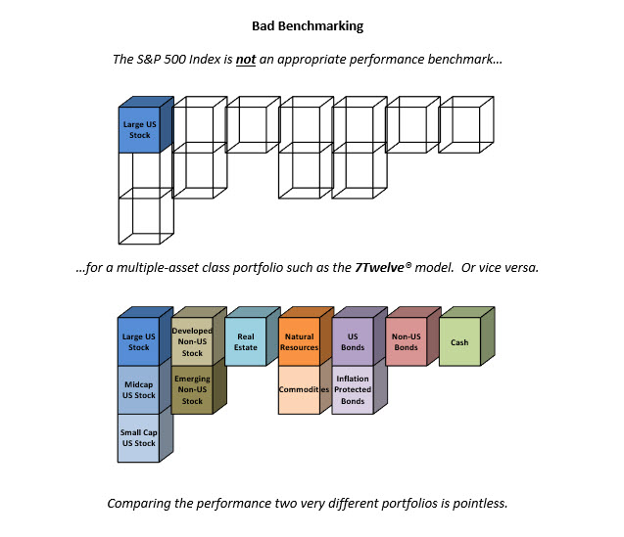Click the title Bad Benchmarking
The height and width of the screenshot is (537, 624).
(x=308, y=26)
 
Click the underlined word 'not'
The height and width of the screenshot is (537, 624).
(x=246, y=60)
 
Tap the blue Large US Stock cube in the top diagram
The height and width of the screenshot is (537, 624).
(x=146, y=124)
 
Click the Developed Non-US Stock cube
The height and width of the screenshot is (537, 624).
(x=199, y=336)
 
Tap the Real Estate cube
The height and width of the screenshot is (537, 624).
(x=253, y=336)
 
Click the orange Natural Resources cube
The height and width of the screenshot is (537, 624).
(x=306, y=336)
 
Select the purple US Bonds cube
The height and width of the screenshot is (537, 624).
(x=360, y=336)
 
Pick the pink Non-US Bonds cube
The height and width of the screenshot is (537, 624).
(x=413, y=336)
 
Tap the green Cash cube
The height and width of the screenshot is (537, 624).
(x=467, y=336)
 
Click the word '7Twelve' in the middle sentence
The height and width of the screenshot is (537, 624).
(x=379, y=267)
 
